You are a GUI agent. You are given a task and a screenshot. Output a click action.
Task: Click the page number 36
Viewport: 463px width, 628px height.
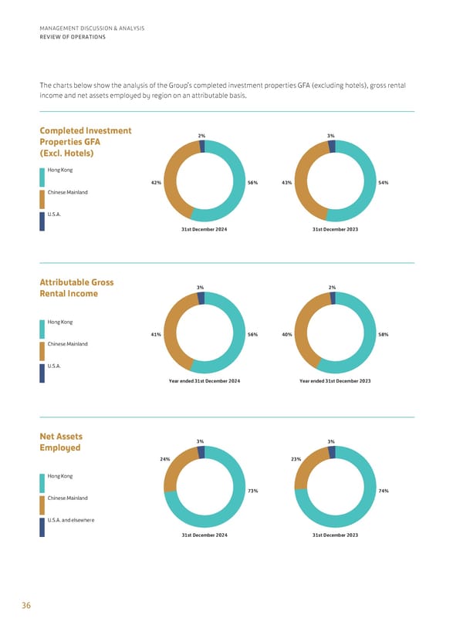pyautogui.click(x=26, y=606)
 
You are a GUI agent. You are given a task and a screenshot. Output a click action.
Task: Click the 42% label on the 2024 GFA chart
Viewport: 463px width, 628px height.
pyautogui.click(x=156, y=183)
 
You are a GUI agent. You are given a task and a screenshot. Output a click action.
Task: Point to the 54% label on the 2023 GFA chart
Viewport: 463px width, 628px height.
pyautogui.click(x=384, y=183)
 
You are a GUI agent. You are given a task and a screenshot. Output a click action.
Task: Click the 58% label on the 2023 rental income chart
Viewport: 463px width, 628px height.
pyautogui.click(x=384, y=334)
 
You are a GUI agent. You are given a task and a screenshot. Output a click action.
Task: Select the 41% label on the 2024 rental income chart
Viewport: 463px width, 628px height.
pyautogui.click(x=156, y=334)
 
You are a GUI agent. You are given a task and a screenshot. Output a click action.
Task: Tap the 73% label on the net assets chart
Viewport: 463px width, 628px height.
pyautogui.click(x=252, y=491)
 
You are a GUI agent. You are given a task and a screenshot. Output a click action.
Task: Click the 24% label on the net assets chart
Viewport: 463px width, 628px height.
pyautogui.click(x=164, y=459)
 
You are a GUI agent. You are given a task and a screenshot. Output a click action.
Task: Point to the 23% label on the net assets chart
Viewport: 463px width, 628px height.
pyautogui.click(x=296, y=459)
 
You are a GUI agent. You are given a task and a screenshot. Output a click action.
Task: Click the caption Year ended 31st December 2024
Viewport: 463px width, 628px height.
pyautogui.click(x=204, y=381)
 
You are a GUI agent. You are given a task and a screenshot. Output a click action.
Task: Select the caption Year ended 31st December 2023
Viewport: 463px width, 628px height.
pyautogui.click(x=335, y=381)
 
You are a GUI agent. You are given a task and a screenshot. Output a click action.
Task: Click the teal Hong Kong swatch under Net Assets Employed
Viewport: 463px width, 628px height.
pyautogui.click(x=42, y=484)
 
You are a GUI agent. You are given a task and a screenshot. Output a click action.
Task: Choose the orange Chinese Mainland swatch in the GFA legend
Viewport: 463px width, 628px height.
pyautogui.click(x=42, y=200)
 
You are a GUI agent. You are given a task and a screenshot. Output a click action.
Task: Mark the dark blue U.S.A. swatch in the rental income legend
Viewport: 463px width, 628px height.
pyautogui.click(x=42, y=373)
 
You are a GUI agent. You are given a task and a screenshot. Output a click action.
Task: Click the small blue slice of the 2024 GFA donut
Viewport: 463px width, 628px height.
pyautogui.click(x=201, y=147)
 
